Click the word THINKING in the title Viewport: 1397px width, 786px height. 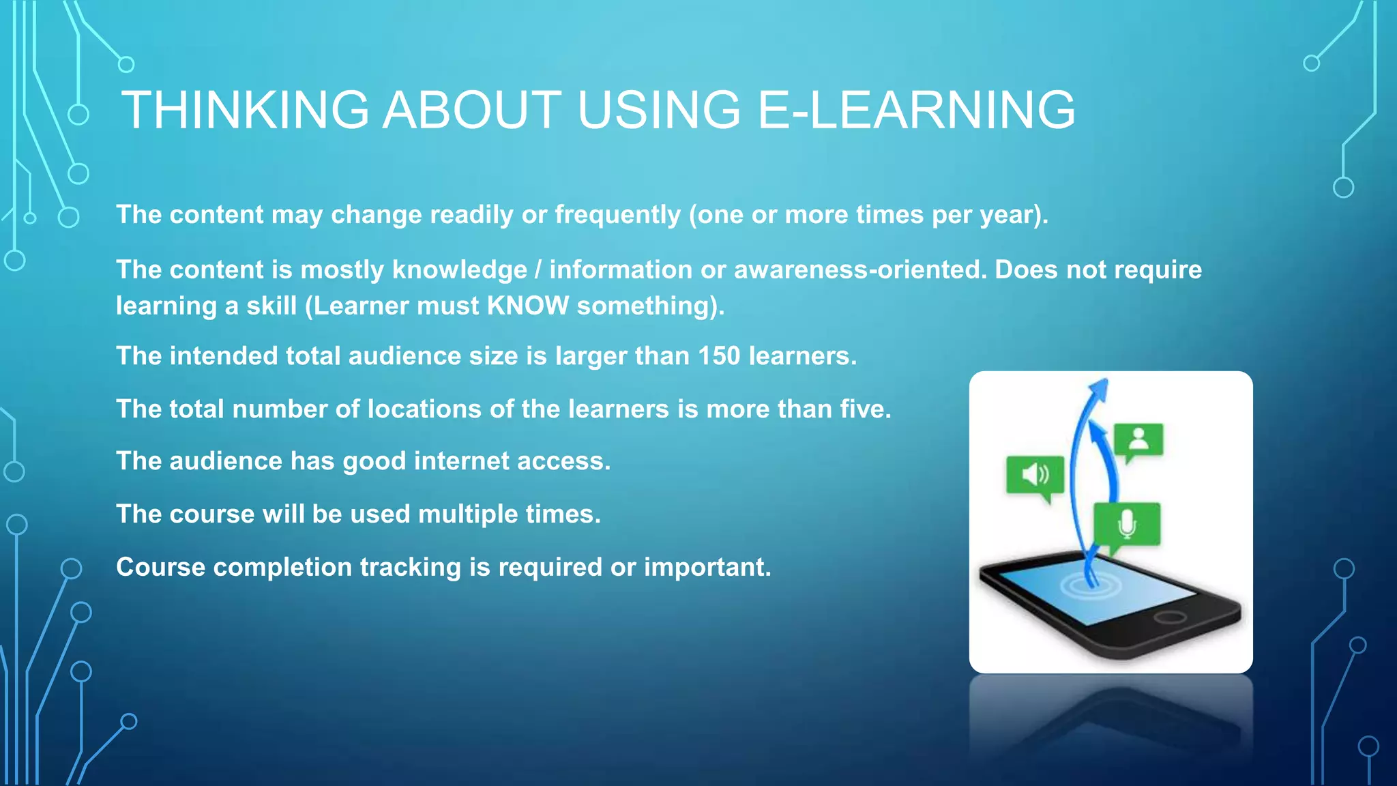coord(245,110)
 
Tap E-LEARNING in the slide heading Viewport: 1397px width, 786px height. coord(916,110)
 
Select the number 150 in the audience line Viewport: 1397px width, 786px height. coord(719,356)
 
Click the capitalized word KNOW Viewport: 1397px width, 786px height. coord(527,306)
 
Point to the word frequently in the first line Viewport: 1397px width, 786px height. coord(617,215)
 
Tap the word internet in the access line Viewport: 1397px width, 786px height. coord(461,461)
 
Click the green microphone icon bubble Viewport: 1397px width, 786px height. coord(1126,524)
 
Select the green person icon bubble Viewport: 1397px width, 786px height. coord(1138,440)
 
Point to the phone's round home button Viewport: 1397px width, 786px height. coord(1169,617)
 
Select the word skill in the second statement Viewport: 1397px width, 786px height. coord(271,306)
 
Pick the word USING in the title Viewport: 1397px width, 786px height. coord(659,110)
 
